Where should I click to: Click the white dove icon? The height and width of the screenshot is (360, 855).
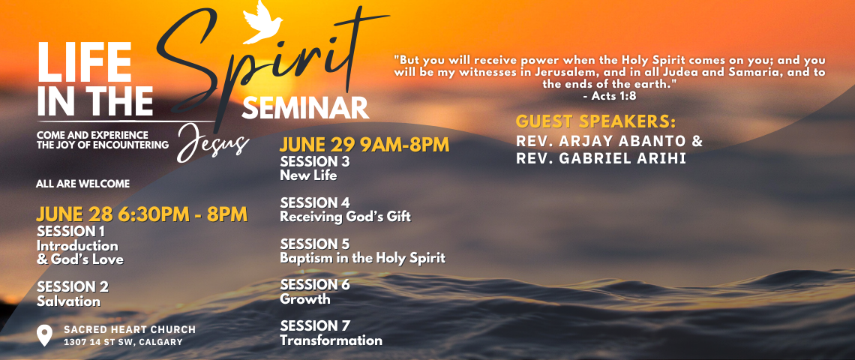[x=262, y=23]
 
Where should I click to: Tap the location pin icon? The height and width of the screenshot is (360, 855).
[x=44, y=335]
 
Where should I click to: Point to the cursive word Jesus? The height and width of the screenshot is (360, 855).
[x=213, y=143]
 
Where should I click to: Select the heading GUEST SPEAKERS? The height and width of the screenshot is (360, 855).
[x=596, y=121]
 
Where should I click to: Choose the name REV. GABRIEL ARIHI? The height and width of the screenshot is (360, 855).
[x=601, y=159]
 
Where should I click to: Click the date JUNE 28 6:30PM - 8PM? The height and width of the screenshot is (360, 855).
[x=142, y=214]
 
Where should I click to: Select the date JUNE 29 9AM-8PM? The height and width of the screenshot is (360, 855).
[x=364, y=145]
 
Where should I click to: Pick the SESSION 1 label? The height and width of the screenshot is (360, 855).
[x=71, y=231]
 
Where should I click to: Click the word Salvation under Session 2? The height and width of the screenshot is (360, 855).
[x=69, y=301]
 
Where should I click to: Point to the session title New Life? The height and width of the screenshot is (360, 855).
[x=308, y=175]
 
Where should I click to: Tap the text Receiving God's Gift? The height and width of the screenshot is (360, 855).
[x=345, y=217]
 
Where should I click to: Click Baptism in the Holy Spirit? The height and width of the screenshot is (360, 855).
[x=362, y=257]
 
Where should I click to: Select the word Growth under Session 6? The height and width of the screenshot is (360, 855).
[x=304, y=299]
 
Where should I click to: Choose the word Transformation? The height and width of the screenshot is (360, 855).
[x=331, y=340]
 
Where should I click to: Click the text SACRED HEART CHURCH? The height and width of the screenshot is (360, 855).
[x=130, y=329]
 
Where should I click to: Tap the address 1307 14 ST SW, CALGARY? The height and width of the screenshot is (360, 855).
[x=123, y=343]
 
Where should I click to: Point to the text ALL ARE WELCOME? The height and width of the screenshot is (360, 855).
[x=83, y=184]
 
